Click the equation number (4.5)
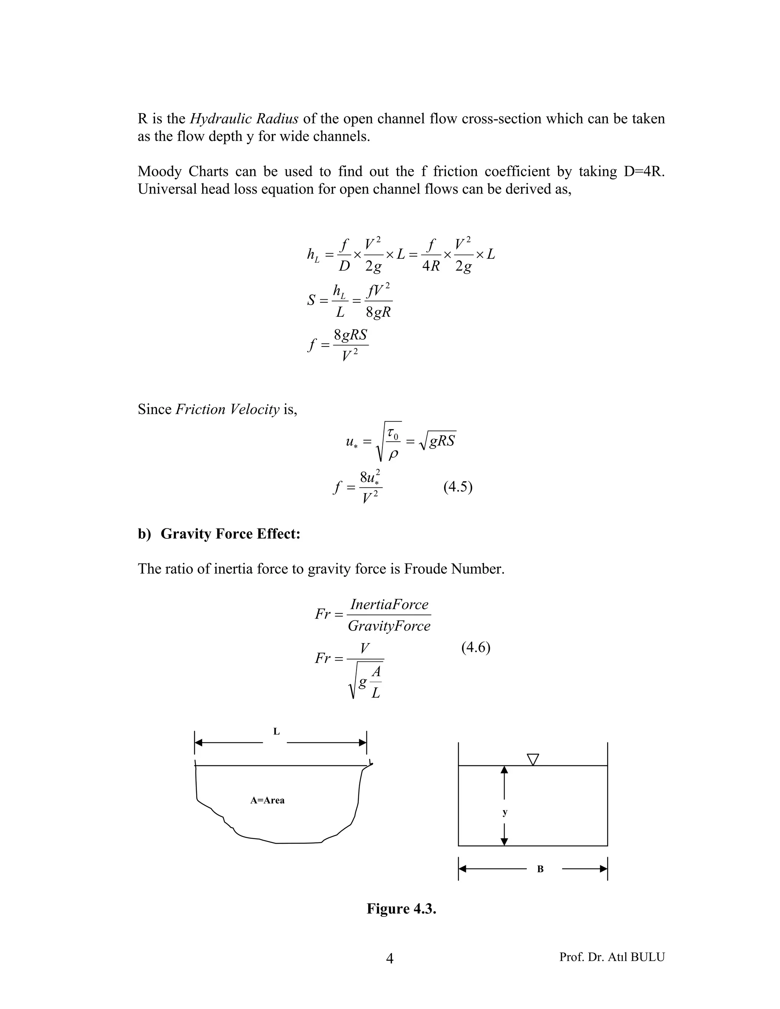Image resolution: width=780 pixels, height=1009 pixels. coord(457,487)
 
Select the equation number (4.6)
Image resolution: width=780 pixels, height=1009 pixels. coord(475,647)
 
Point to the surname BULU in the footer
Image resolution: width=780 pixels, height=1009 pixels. coord(647,957)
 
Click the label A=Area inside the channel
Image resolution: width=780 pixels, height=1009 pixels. coord(267,801)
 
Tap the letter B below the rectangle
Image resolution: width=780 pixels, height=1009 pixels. coord(540,869)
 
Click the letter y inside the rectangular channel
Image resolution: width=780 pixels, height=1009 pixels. coord(505,812)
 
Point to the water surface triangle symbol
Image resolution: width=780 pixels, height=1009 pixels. coord(533,759)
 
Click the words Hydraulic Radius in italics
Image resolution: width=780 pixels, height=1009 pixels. coord(244,119)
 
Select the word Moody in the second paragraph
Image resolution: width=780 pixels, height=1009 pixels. coord(160,171)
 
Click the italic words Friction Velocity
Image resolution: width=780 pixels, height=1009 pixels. coord(227,409)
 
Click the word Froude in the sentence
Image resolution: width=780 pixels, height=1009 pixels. coord(425,569)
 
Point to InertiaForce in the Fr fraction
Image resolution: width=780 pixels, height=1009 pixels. coord(389,604)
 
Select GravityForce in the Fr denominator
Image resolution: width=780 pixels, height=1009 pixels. coord(389,626)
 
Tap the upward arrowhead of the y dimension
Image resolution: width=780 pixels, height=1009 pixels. coord(505,770)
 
